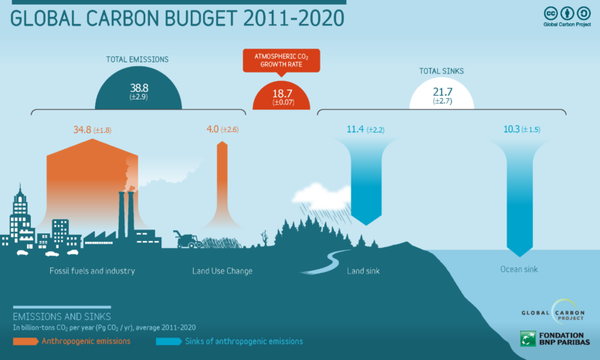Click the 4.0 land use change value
[x=213, y=129]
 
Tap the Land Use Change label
[x=222, y=271]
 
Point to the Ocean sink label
[x=518, y=270]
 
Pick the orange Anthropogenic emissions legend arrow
[x=25, y=341]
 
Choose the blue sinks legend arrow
[x=168, y=341]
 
